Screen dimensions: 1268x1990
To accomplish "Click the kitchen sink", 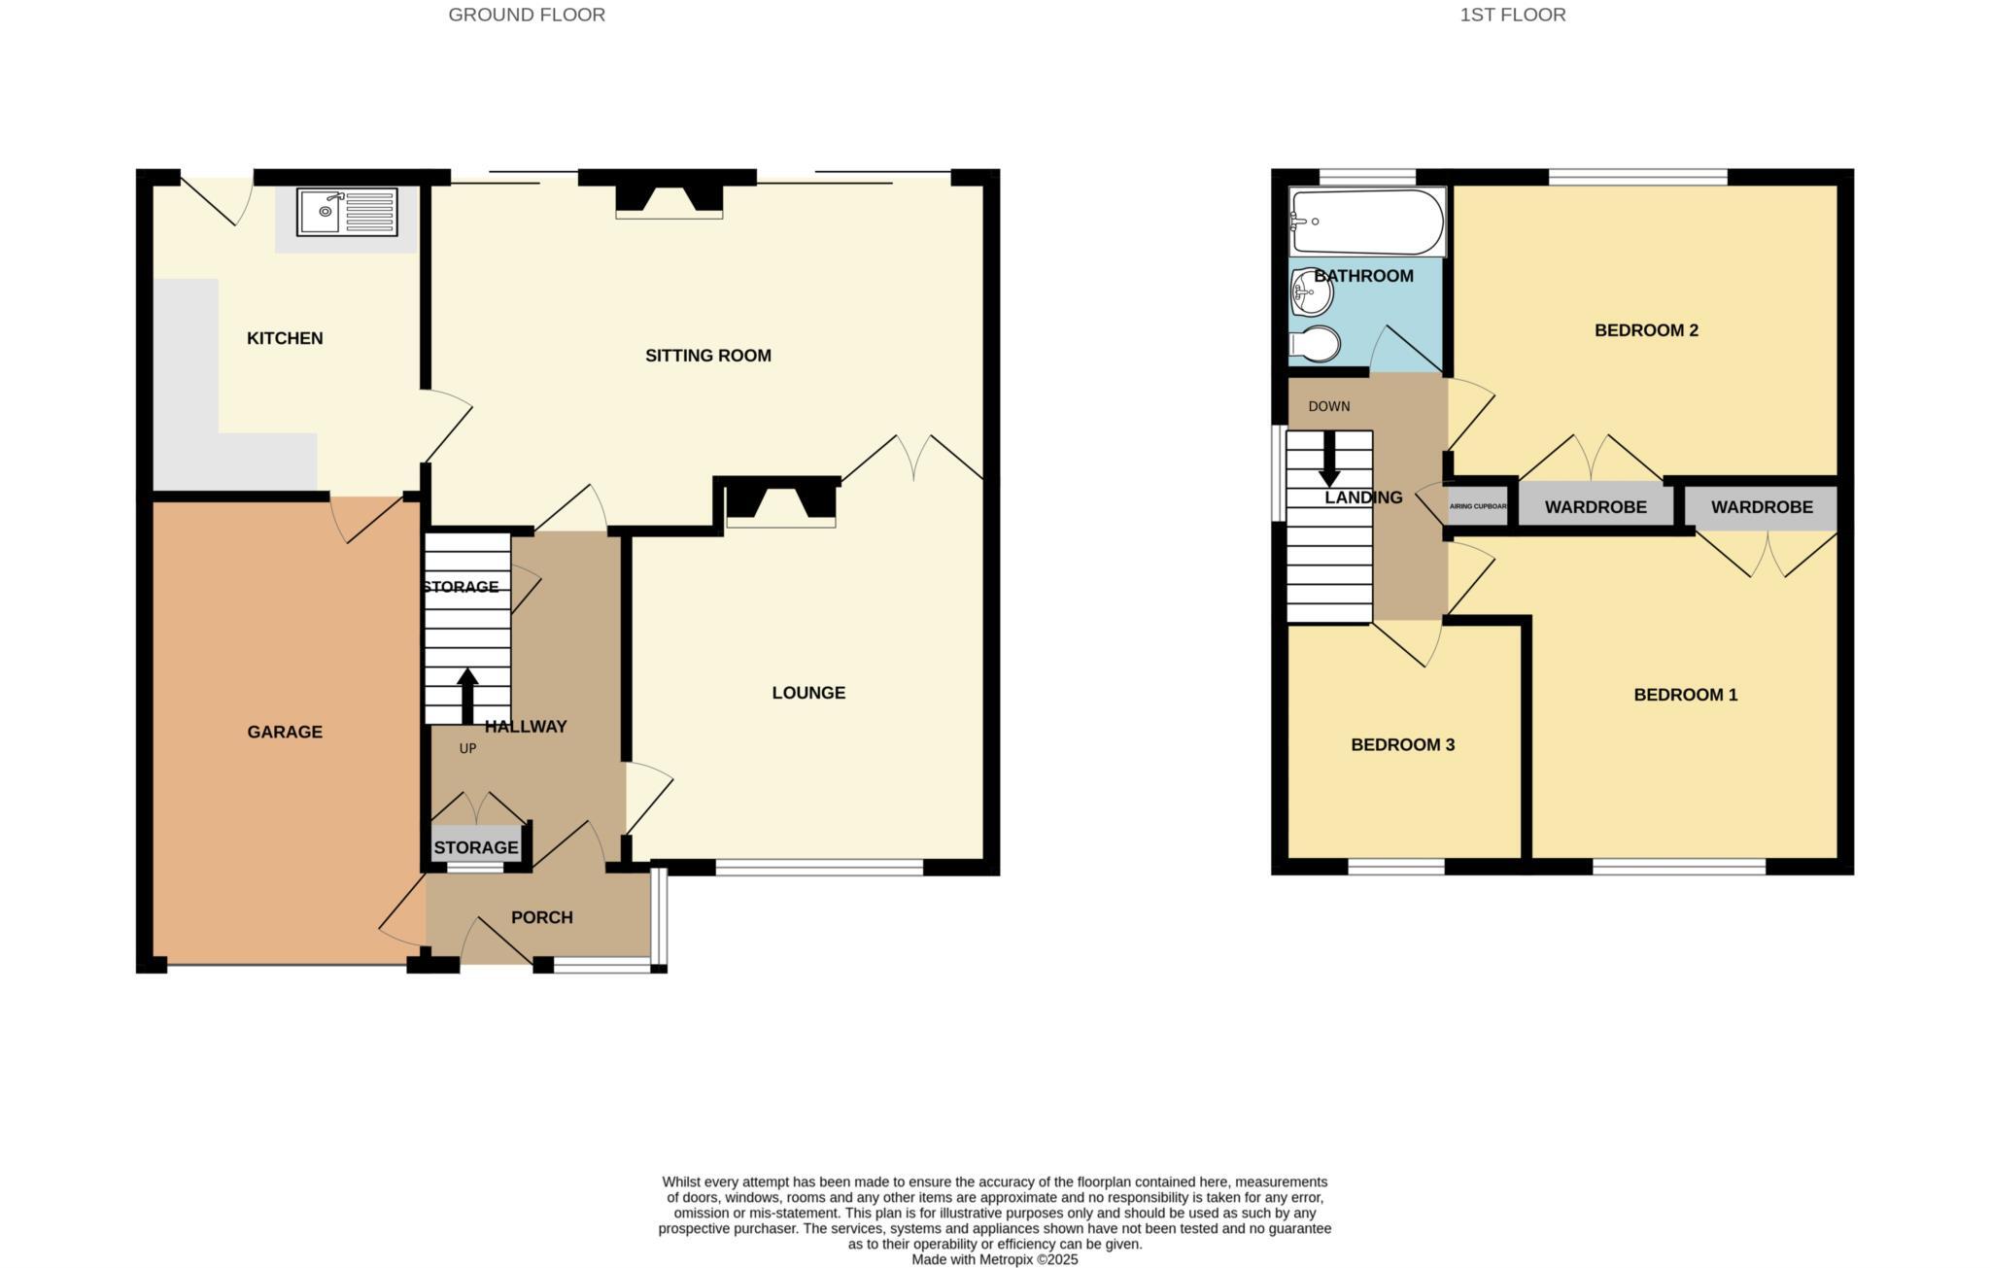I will click(347, 213).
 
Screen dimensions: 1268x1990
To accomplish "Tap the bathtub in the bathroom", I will click(1367, 222).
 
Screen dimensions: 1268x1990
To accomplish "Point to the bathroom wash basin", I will click(1311, 291).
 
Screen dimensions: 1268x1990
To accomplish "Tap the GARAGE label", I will click(285, 732).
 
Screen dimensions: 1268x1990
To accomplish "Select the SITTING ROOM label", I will click(708, 356).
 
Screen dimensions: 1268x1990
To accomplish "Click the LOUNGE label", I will click(808, 693).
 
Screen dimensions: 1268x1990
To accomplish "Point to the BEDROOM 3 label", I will click(1402, 745).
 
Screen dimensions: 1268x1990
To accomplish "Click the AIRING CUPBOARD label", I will click(1478, 506).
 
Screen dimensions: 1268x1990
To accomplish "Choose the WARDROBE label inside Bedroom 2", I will click(1595, 507).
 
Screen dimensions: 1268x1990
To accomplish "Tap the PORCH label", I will click(542, 917).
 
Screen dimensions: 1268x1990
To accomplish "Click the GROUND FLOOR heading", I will click(527, 15).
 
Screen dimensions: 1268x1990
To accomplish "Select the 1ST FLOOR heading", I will click(1512, 15).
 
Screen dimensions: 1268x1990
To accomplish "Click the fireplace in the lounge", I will click(781, 503).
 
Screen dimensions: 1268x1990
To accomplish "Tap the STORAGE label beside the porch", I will click(476, 847).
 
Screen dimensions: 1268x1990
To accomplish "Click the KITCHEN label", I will click(285, 338).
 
